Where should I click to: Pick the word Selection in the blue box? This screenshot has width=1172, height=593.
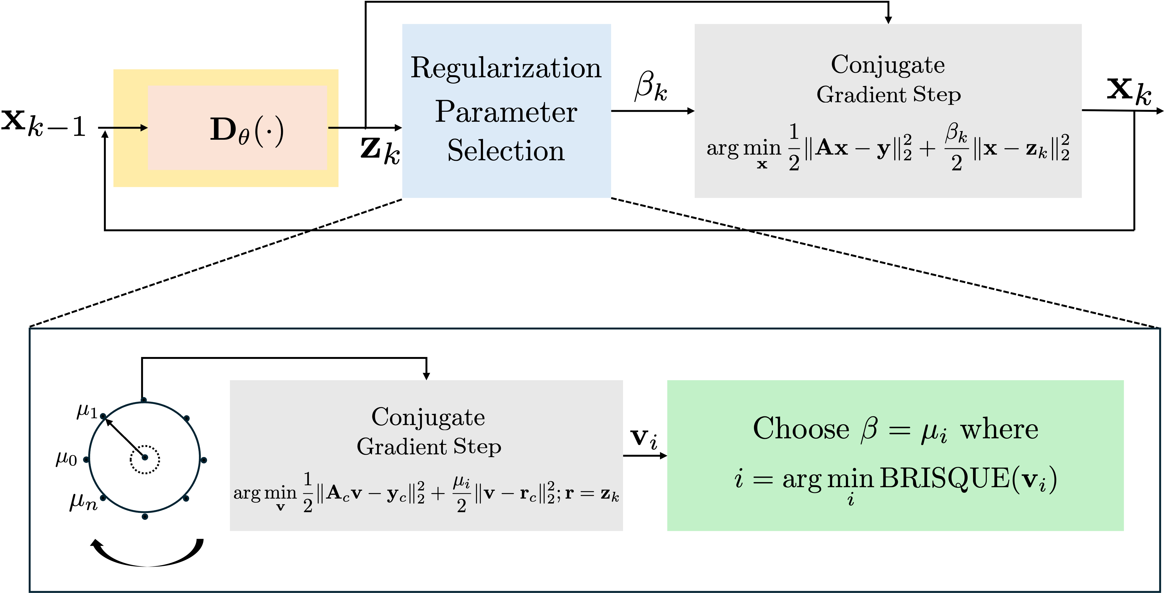pos(506,151)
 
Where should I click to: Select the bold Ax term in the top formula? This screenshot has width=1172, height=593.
pos(832,148)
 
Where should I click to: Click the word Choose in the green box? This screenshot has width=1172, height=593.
pos(801,429)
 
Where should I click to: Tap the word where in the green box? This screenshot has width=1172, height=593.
pos(999,429)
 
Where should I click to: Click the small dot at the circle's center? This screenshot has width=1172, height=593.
pos(145,457)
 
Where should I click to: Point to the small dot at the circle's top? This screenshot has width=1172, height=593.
pos(144,400)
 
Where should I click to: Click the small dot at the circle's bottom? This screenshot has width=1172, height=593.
pos(145,517)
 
